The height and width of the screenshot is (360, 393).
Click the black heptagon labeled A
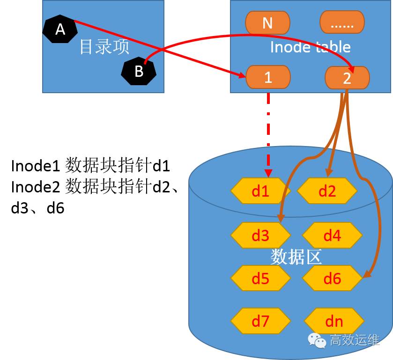pos(60,29)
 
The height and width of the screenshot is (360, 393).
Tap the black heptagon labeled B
pos(139,71)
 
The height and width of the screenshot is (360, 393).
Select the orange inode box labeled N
pos(267,22)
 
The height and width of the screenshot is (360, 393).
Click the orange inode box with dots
pos(342,22)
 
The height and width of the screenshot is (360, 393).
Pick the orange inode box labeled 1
pos(268,77)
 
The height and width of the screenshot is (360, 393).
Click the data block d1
pos(260,191)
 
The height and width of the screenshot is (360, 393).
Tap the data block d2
pos(327,191)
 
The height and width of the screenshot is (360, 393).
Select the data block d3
pos(260,235)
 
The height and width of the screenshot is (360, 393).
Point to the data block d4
pos(332,235)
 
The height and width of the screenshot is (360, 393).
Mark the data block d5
pos(260,278)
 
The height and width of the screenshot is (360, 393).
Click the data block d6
pos(332,278)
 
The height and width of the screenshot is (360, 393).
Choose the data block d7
pos(260,321)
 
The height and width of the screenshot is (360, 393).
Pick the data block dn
pos(334,321)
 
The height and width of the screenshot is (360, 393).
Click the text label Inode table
pos(310,47)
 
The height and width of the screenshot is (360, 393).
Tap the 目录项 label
pos(104,47)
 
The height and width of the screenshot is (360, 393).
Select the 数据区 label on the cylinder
pos(295,257)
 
